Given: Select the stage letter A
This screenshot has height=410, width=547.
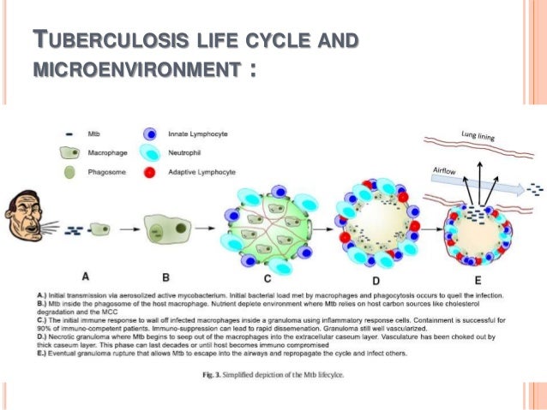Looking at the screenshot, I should pos(86,276).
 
